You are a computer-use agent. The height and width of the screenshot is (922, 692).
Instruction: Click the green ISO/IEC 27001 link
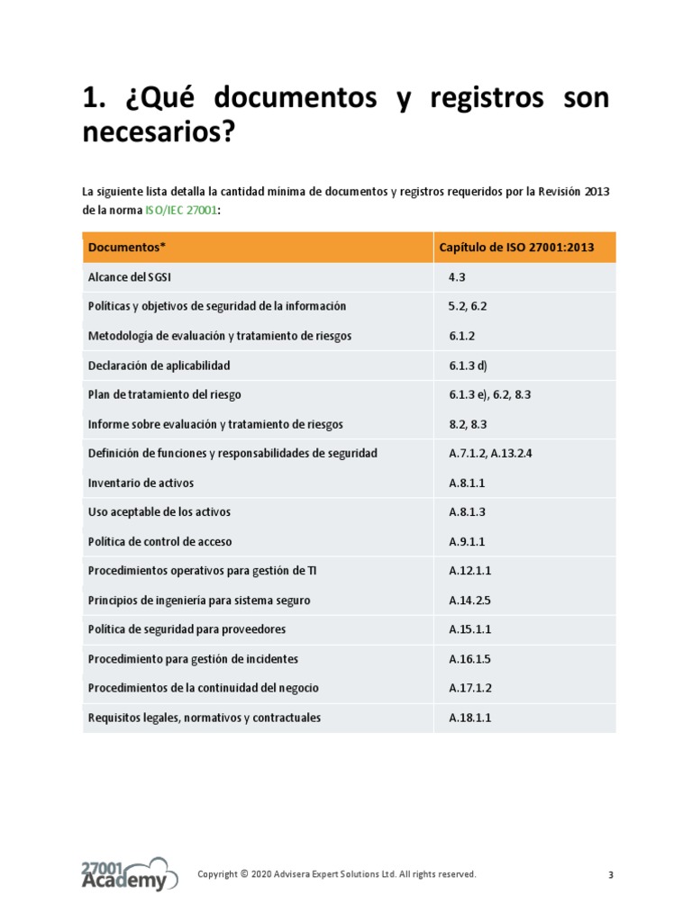180,210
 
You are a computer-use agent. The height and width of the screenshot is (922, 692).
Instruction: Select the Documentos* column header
127,247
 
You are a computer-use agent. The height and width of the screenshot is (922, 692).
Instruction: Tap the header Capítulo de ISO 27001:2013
515,247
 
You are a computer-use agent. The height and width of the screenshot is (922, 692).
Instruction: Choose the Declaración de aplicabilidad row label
159,366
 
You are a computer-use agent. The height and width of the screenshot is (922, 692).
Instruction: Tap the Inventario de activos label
141,483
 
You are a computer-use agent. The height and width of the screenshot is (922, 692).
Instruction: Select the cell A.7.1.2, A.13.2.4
491,453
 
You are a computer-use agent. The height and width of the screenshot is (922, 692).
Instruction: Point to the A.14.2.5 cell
469,600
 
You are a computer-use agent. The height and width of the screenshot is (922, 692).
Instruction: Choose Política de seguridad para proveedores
187,629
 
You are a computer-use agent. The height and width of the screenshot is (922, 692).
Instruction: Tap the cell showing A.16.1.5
469,659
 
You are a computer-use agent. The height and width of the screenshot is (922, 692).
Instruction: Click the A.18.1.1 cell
469,718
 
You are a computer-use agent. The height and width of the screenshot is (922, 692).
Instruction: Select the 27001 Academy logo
123,874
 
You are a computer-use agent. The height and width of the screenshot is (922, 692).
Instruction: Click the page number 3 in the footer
611,875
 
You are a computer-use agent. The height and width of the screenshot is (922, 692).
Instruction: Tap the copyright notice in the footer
337,874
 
